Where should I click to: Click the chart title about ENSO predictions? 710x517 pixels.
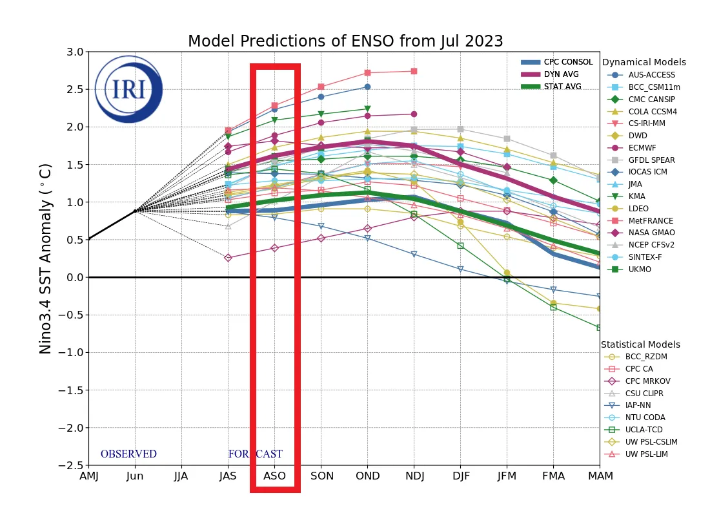tap(345, 41)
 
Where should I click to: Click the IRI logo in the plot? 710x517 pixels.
tap(128, 89)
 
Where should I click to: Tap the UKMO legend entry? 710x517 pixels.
tap(639, 269)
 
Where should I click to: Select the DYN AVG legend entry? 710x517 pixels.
tap(562, 74)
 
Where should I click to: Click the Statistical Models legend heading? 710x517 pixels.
tap(640, 344)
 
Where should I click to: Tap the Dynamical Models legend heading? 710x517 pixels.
tap(644, 62)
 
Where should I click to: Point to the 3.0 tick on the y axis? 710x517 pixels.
tap(76, 52)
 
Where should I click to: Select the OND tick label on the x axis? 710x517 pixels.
tap(367, 476)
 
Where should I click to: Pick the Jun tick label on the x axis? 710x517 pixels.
tap(135, 476)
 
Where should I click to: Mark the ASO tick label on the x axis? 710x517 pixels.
tap(274, 476)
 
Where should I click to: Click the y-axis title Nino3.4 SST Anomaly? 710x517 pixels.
tap(45, 258)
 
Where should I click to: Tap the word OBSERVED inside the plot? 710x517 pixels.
tap(128, 454)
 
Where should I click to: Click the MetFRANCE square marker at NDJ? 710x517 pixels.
tap(414, 71)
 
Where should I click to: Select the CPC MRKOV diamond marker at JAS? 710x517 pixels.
tap(228, 257)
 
